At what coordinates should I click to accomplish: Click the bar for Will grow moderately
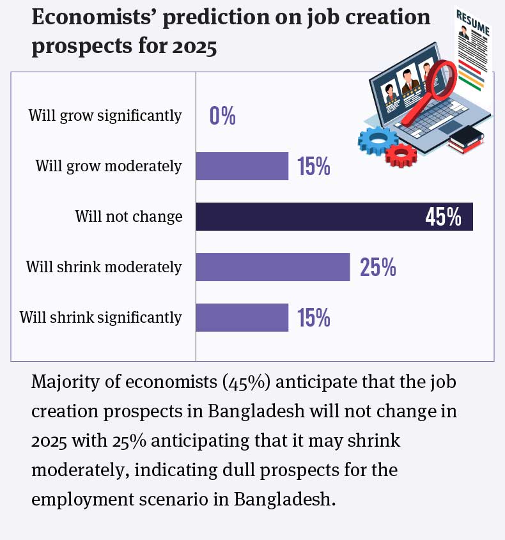242,167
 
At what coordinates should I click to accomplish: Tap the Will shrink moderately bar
272,267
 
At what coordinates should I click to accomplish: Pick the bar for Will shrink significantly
242,318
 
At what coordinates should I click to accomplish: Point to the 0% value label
223,116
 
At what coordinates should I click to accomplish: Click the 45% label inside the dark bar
443,217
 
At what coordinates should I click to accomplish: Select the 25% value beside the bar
378,268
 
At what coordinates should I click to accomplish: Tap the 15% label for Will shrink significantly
313,318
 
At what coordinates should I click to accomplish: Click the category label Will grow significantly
105,116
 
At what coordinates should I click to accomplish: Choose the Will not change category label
128,217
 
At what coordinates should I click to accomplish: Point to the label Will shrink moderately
104,267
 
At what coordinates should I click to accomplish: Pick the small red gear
402,154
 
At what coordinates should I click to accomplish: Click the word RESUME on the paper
474,23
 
